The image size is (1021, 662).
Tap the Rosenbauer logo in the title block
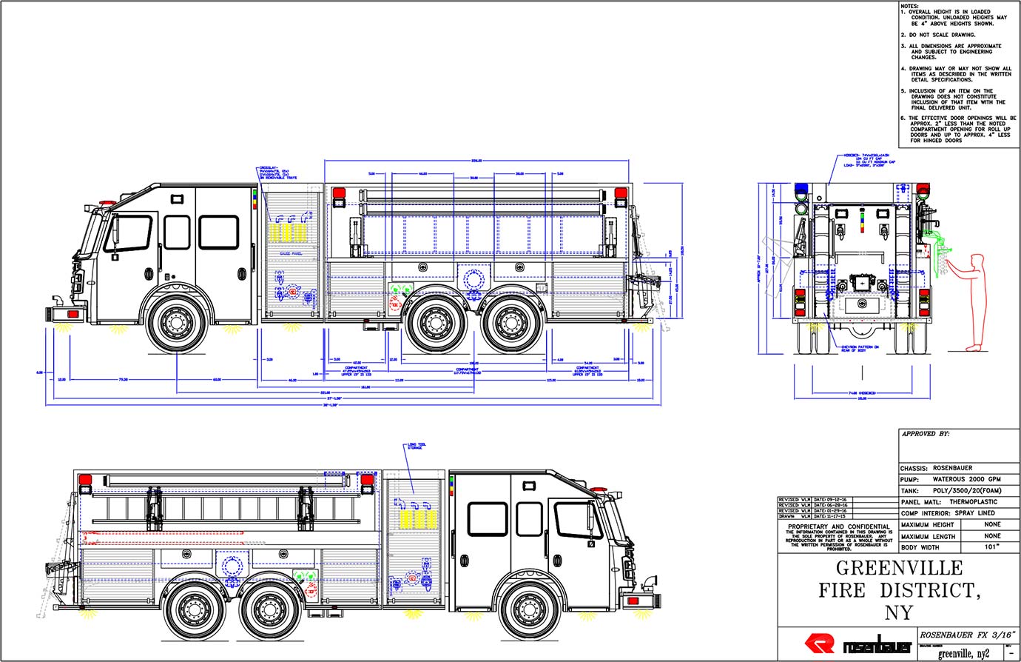tap(858, 644)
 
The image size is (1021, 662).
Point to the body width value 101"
tap(992, 547)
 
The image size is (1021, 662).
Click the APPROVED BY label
tap(926, 435)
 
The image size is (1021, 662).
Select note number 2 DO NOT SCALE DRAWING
tap(938, 35)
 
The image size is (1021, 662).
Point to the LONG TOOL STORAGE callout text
tap(417, 446)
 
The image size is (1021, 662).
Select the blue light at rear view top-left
tap(800, 195)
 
